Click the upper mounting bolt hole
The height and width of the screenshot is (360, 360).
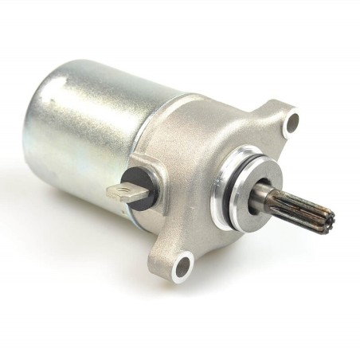click(292, 122)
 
